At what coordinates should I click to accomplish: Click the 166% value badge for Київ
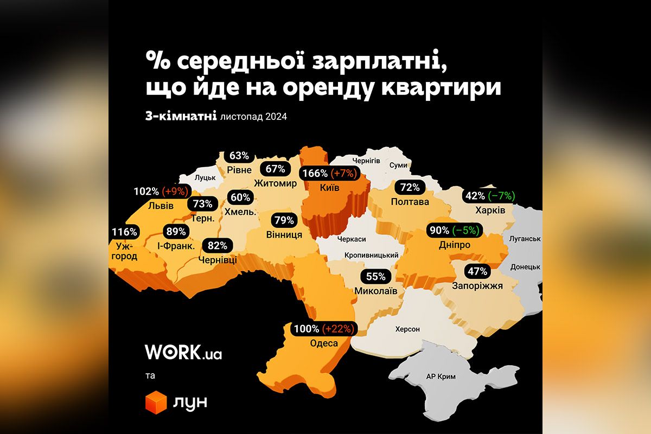[315, 174]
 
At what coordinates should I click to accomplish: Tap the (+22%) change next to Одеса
[340, 329]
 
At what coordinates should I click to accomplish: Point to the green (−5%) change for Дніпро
[466, 230]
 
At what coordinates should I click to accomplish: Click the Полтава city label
[410, 202]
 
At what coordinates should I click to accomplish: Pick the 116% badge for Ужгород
[124, 232]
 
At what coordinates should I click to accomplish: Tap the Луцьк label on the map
[205, 177]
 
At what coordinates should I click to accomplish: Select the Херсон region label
[407, 329]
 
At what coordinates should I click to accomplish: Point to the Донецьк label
[525, 267]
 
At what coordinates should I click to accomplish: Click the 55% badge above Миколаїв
[375, 276]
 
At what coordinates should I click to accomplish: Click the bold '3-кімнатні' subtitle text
[181, 116]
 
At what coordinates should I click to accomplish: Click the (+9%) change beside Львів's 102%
[175, 192]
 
